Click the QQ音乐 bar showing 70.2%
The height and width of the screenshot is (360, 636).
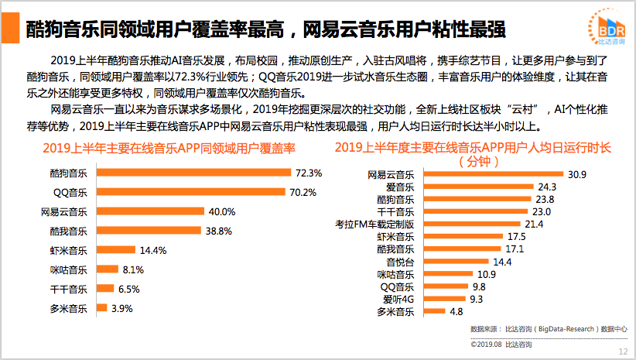click(190, 191)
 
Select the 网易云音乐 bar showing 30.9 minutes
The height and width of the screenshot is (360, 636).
click(491, 175)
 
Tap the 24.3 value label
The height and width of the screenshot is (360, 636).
click(548, 187)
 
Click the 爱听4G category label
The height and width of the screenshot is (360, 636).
click(399, 299)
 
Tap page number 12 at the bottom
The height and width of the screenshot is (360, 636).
click(622, 351)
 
